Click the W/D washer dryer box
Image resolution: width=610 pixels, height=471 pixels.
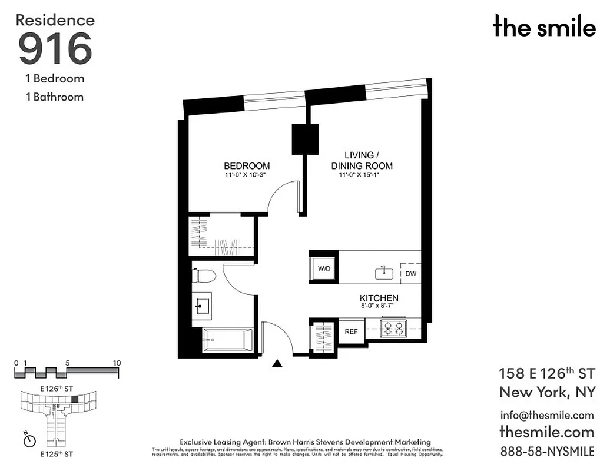point(324,268)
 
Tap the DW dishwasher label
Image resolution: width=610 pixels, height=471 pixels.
point(410,273)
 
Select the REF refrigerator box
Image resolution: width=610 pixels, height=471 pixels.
point(351,331)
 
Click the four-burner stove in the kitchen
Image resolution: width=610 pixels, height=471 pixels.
point(393,329)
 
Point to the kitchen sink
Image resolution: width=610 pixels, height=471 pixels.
point(384,273)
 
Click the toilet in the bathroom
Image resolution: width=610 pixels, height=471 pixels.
point(202,277)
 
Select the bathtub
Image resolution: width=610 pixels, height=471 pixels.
point(227,340)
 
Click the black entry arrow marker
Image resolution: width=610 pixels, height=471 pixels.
point(277,364)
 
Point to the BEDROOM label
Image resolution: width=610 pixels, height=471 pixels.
point(247,166)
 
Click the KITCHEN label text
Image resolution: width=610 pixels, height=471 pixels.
point(379,298)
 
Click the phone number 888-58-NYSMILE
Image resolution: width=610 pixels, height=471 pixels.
point(546,452)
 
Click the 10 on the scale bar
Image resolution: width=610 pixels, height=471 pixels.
point(117,363)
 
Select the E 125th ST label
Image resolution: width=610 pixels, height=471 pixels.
point(57,455)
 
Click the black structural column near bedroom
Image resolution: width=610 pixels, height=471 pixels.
point(305,139)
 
